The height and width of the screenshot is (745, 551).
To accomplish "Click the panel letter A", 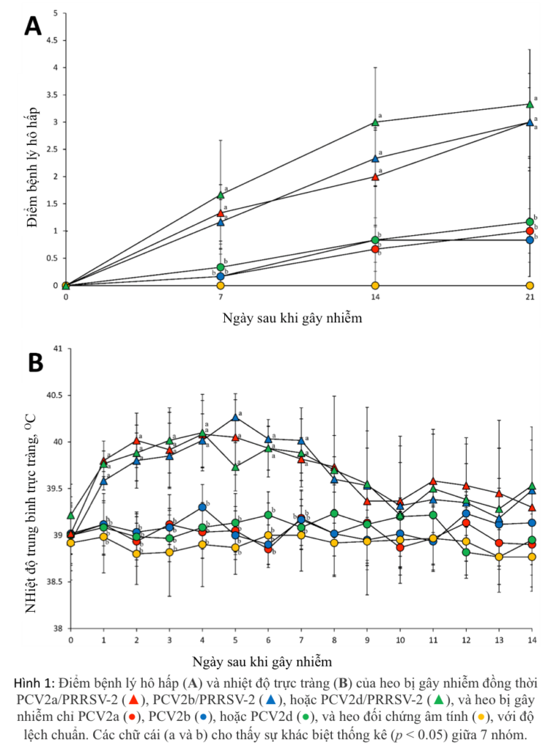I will pyautogui.click(x=33, y=26).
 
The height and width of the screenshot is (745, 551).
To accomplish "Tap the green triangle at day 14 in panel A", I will pyautogui.click(x=375, y=122).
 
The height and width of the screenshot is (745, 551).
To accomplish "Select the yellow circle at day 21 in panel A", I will pyautogui.click(x=530, y=285).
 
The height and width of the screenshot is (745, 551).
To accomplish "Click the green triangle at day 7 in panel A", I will pyautogui.click(x=221, y=195).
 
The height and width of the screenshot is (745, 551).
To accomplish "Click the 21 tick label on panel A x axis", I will pyautogui.click(x=530, y=298).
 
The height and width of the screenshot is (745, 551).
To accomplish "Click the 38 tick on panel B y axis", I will pyautogui.click(x=60, y=629).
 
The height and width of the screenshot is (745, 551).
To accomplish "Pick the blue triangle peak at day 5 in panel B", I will pyautogui.click(x=235, y=417).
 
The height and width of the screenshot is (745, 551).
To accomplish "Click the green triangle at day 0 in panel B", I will pyautogui.click(x=71, y=515).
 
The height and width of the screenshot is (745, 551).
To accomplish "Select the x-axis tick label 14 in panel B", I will pyautogui.click(x=532, y=640).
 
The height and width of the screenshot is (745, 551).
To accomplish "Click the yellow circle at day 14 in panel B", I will pyautogui.click(x=532, y=557).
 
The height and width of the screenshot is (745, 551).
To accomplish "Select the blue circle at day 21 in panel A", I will pyautogui.click(x=530, y=240).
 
